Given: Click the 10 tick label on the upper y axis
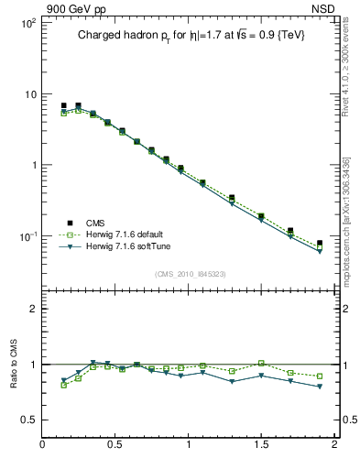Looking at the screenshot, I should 28,94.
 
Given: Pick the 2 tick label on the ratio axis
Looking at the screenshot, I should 32,309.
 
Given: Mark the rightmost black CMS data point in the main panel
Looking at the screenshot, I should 320,244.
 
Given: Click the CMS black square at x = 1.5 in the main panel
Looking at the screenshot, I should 261,216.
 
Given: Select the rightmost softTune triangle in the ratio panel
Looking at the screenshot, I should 320,387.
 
